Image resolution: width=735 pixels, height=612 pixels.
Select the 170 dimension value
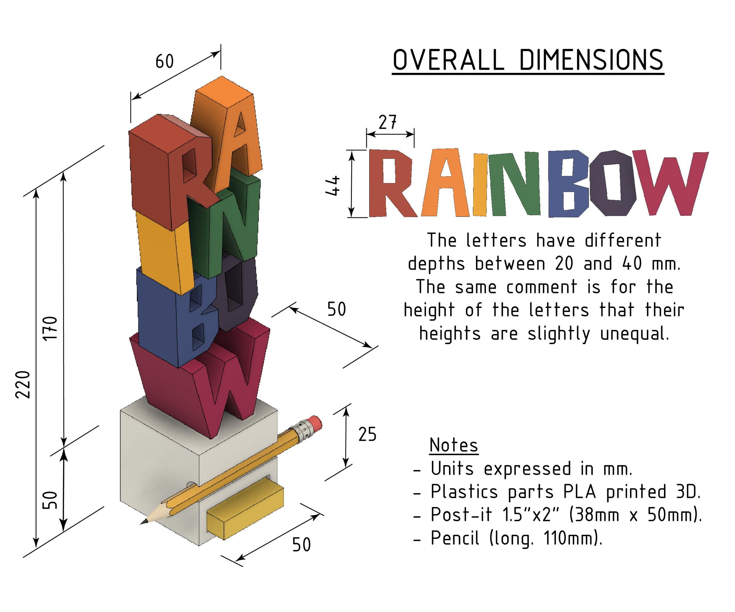click(x=51, y=328)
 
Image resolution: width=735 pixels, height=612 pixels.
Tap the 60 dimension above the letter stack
click(x=164, y=62)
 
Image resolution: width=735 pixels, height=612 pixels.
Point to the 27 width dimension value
click(x=387, y=122)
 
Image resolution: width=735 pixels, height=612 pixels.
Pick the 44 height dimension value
click(x=333, y=186)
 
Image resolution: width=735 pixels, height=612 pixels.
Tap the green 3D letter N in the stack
click(x=224, y=224)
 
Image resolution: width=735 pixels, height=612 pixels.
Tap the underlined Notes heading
click(x=454, y=445)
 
